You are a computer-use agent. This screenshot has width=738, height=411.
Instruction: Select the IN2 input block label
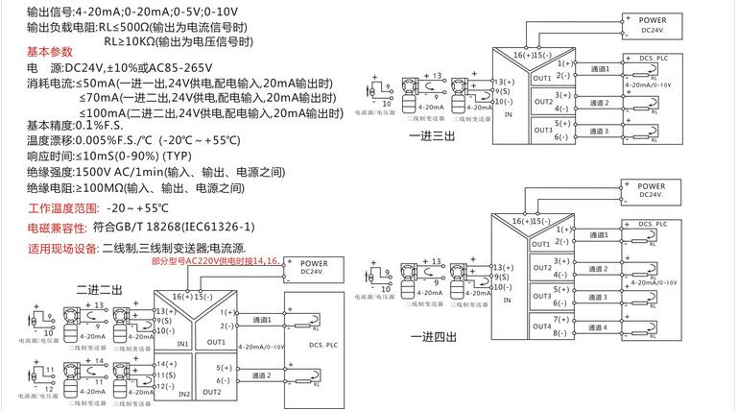click(182, 394)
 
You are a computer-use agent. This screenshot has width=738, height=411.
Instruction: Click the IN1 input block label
click(182, 342)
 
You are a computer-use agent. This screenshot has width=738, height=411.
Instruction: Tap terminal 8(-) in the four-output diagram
click(561, 333)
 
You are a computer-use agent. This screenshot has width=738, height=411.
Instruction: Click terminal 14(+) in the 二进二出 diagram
click(164, 364)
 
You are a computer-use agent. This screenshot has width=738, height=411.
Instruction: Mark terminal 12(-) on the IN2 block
click(164, 386)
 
